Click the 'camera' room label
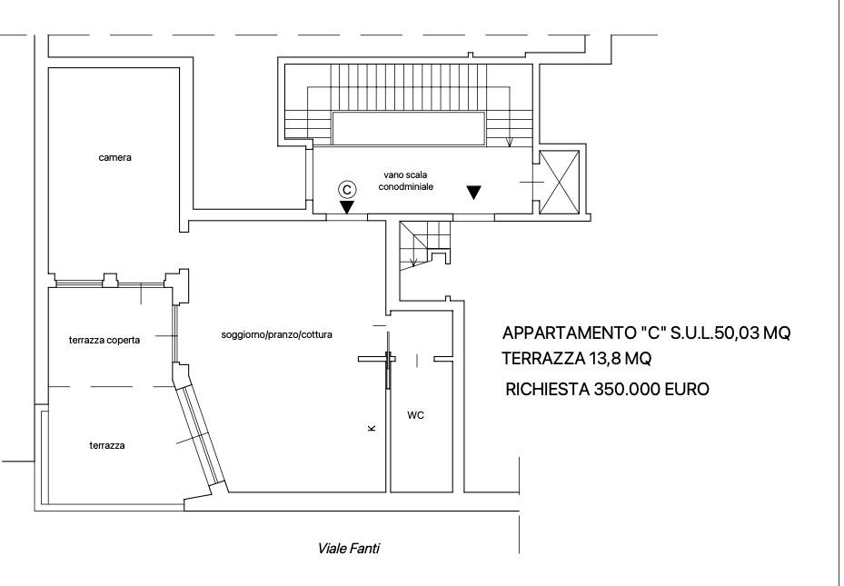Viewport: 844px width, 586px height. point(115,157)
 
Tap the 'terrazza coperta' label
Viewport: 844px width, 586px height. point(104,341)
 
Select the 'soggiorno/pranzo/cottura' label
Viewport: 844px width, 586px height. point(276,334)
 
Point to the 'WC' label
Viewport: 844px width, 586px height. point(415,415)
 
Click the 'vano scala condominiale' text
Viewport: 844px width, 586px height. point(405,179)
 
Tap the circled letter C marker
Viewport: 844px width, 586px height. point(346,188)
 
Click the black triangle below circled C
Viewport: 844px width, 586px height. point(346,207)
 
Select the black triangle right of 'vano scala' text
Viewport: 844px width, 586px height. point(473,192)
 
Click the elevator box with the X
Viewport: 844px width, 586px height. point(558,183)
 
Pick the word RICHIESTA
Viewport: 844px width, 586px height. point(546,390)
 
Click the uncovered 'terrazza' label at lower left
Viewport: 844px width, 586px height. point(106,445)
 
